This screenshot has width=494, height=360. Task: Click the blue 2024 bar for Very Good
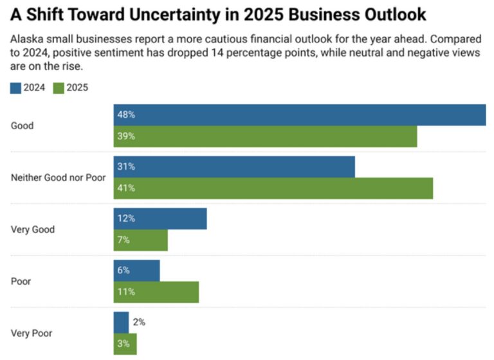click(160, 219)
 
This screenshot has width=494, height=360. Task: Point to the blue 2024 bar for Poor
click(136, 271)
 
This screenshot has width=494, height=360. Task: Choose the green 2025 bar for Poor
click(156, 292)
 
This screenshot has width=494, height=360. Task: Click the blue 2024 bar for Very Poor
click(121, 322)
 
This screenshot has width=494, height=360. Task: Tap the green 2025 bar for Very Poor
click(125, 344)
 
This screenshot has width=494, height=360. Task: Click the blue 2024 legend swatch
click(15, 88)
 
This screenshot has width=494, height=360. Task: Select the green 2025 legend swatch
click(59, 88)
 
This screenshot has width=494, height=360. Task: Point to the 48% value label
click(125, 115)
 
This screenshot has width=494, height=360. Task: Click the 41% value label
click(125, 188)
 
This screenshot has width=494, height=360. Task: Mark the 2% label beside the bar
click(138, 322)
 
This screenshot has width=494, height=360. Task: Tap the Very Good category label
click(33, 229)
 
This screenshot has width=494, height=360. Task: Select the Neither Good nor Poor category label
click(58, 177)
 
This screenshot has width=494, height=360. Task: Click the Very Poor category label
click(32, 333)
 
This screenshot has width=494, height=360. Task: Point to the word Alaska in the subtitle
click(25, 40)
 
